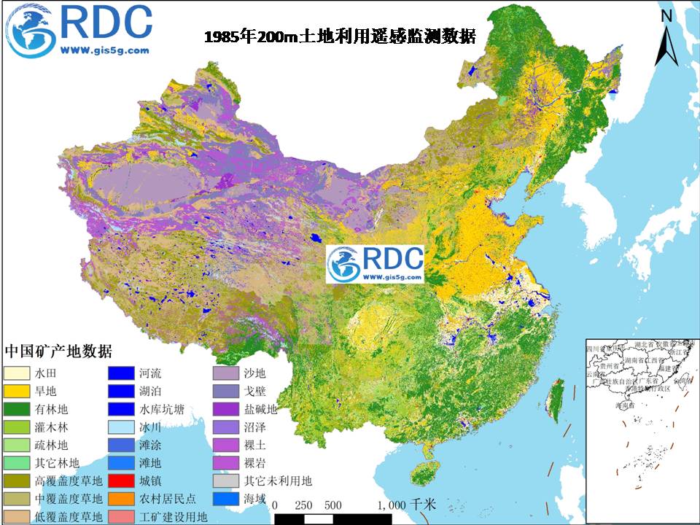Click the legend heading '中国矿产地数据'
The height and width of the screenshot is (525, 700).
(x=58, y=351)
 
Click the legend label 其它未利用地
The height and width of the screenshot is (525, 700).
(x=278, y=481)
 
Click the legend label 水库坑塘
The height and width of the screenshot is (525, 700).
(x=163, y=408)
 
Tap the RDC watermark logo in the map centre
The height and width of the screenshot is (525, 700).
(x=375, y=264)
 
